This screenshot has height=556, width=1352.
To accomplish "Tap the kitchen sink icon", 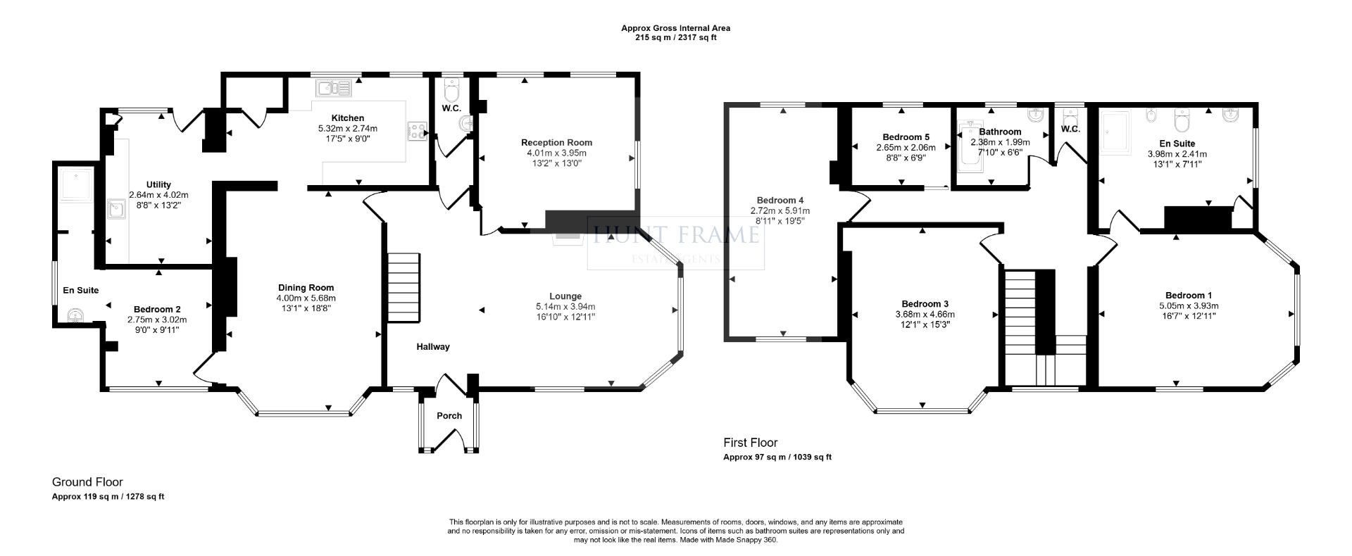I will coord(333,88).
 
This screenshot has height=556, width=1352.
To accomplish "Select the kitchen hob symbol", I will coord(417,130).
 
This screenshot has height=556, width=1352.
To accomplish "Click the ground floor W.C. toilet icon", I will coord(451,89).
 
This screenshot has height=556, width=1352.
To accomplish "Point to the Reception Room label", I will coord(556,142).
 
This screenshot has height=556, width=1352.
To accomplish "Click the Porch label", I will coord(449,416).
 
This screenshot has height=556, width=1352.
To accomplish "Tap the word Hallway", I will coord(432,346).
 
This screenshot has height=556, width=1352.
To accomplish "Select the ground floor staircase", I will coord(403,288).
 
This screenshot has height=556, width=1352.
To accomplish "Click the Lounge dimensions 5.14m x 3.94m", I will coord(565,307).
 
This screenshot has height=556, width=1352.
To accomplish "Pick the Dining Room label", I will coord(306,287).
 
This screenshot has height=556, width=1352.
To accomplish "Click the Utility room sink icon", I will coord(116,209).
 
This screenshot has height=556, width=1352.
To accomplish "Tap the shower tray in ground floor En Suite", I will coord(75,184).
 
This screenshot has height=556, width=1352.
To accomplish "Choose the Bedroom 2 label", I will coord(157,309).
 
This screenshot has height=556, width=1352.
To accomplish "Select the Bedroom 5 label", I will coord(906,137).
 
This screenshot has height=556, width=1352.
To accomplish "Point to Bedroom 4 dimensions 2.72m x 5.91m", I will coord(780,210).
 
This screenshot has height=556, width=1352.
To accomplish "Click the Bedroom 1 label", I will coord(1189,296).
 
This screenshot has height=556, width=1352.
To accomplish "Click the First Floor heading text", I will coord(751,443).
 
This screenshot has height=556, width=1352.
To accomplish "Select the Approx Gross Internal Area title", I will coord(675,28).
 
